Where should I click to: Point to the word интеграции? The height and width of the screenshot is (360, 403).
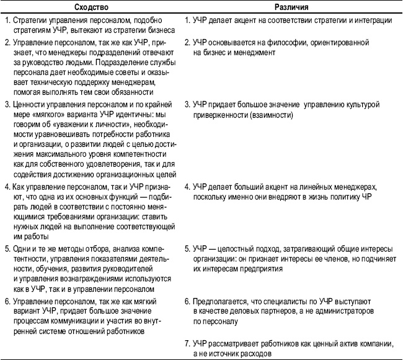(374, 20)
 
